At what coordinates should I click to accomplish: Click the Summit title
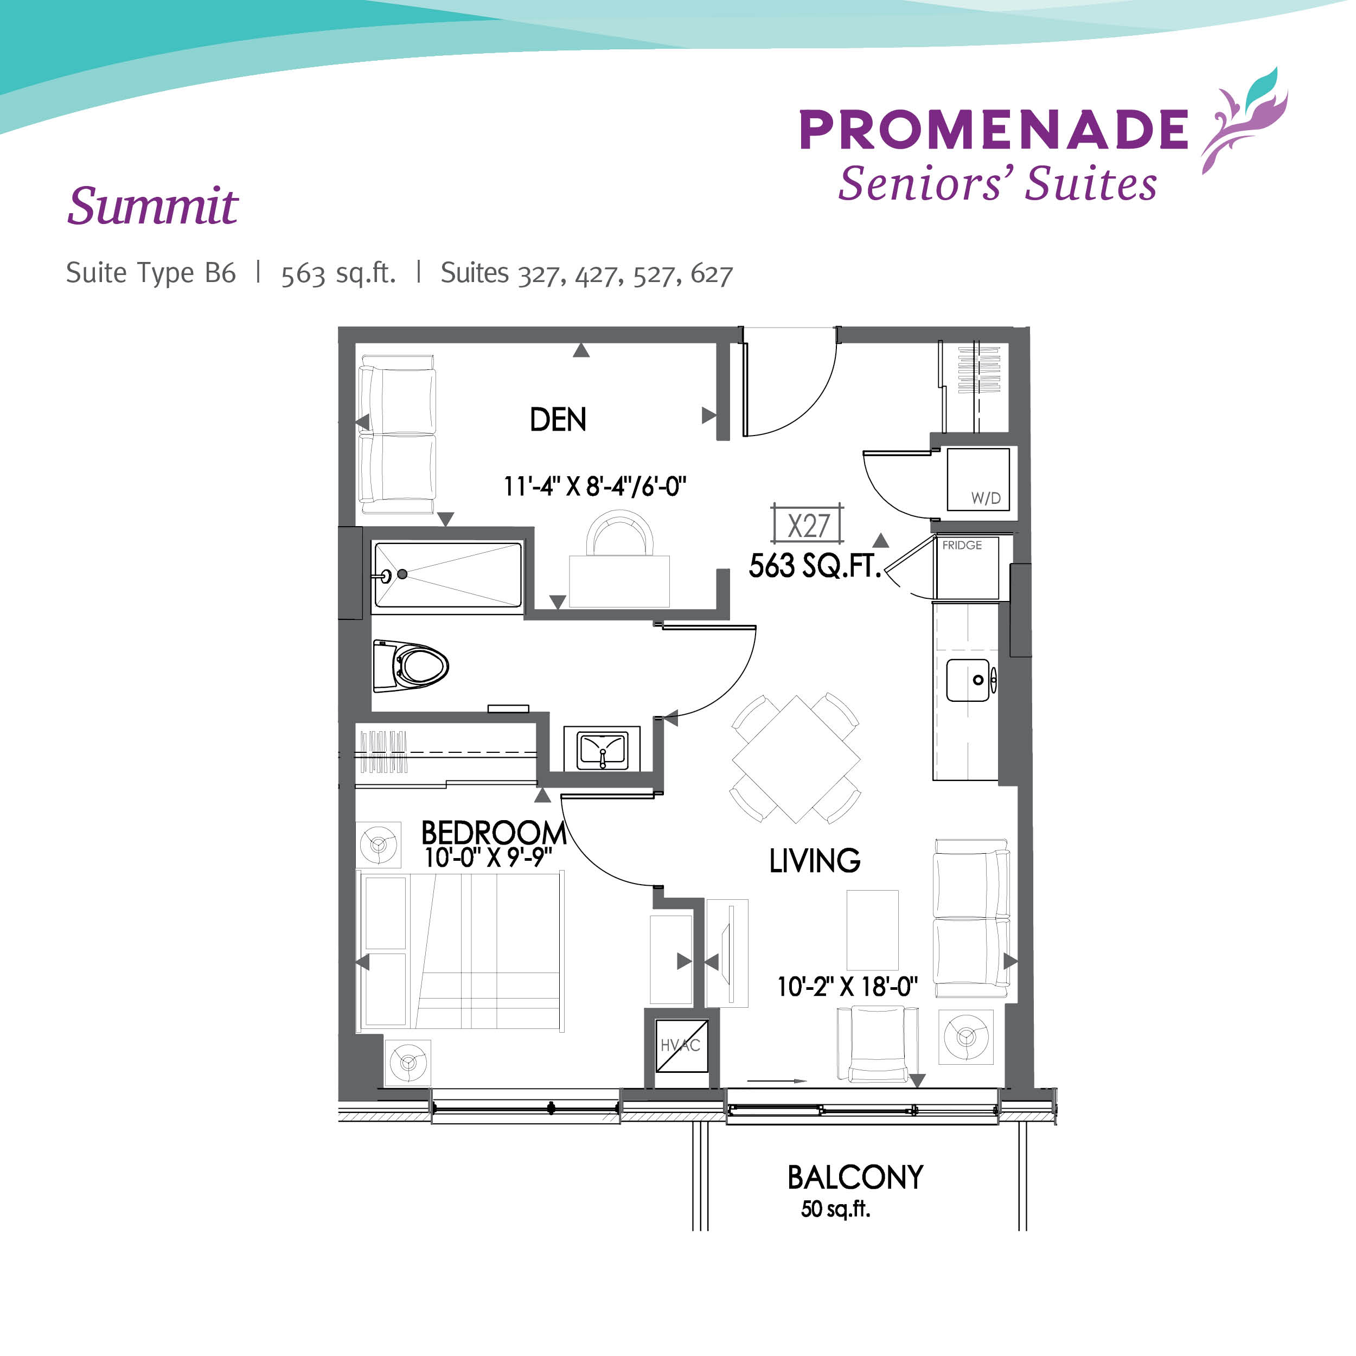click(x=153, y=207)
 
